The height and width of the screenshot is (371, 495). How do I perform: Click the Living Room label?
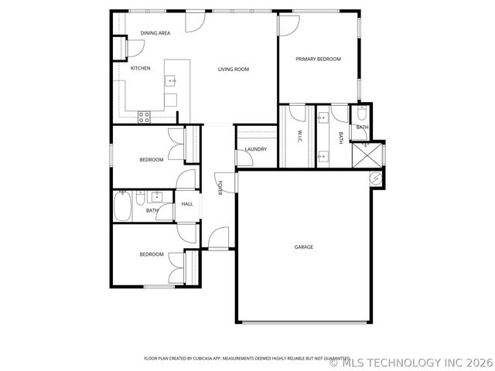click(x=233, y=70)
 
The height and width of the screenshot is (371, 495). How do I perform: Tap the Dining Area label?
click(x=155, y=33)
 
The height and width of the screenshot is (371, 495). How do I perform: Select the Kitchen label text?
click(x=140, y=69)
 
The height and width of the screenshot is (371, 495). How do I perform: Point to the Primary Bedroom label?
click(x=318, y=59)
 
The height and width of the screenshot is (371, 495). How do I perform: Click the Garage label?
click(x=303, y=247)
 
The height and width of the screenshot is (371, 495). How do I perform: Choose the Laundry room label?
click(x=255, y=149)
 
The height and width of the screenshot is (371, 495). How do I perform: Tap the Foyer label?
click(x=220, y=187)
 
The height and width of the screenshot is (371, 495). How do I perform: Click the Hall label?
click(x=187, y=204)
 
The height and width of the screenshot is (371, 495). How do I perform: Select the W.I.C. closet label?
click(x=299, y=137)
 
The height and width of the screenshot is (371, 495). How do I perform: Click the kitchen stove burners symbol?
click(x=144, y=117)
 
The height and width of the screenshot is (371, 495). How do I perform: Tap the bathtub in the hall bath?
click(x=124, y=206)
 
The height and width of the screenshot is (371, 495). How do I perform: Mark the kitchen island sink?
click(x=172, y=80)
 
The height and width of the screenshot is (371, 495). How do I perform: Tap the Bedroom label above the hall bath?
click(x=151, y=160)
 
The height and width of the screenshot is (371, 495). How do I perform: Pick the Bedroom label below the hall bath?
click(x=151, y=254)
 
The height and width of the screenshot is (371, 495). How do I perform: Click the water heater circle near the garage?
click(x=377, y=179)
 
